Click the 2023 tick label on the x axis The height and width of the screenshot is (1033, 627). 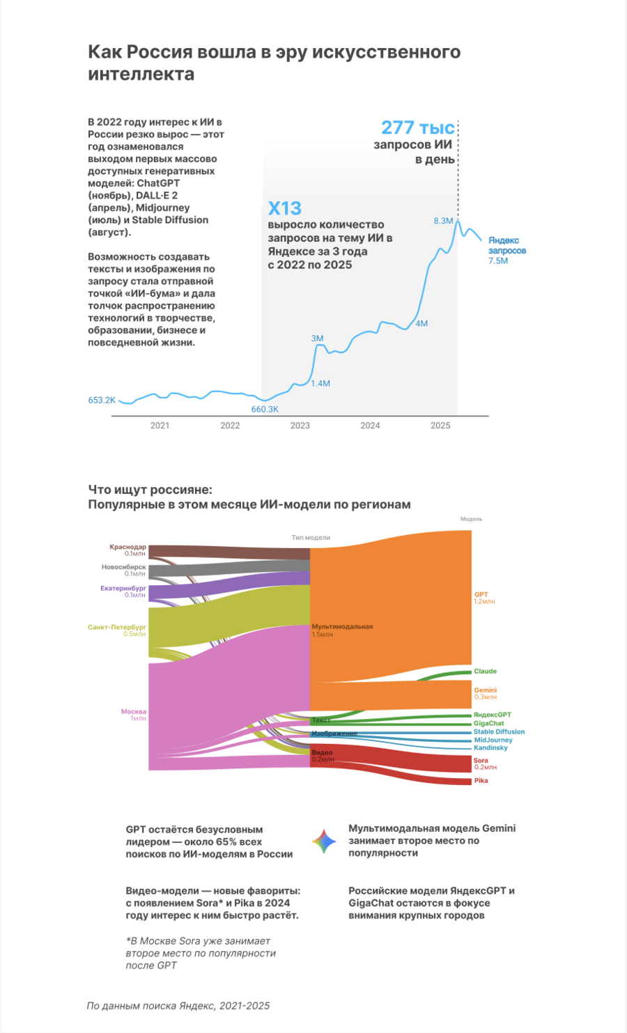click(x=300, y=426)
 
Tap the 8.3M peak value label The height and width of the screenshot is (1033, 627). click(x=443, y=221)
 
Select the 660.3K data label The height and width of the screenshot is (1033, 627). click(x=265, y=409)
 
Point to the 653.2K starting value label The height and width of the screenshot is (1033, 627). click(x=102, y=400)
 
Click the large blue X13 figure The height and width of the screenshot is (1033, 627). click(x=285, y=208)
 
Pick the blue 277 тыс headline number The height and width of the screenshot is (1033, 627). click(x=418, y=127)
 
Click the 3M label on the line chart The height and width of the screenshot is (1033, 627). click(x=318, y=338)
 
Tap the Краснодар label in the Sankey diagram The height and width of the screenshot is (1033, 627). click(x=127, y=547)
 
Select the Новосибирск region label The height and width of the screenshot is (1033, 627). click(x=123, y=567)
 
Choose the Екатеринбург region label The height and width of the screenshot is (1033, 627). click(x=123, y=588)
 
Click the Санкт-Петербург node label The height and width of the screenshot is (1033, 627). click(x=117, y=627)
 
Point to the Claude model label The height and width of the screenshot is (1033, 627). click(x=486, y=671)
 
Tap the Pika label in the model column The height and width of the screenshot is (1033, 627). click(x=481, y=780)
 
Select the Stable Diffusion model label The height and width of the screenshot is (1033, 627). click(x=500, y=731)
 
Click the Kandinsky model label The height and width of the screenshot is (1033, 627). click(x=490, y=747)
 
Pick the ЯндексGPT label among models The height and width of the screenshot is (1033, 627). click(x=493, y=715)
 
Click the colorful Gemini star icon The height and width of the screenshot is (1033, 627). click(x=324, y=841)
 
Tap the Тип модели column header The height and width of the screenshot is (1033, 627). click(x=311, y=537)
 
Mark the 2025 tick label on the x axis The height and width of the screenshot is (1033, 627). click(x=440, y=426)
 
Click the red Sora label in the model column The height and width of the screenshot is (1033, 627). click(x=481, y=760)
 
